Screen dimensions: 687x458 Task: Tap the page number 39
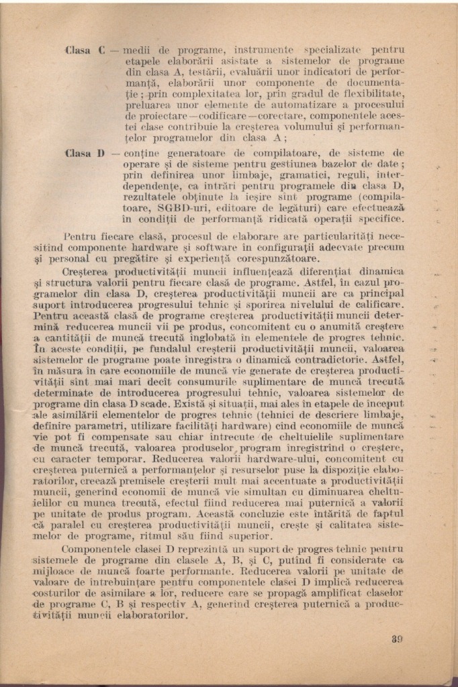[x=397, y=639]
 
